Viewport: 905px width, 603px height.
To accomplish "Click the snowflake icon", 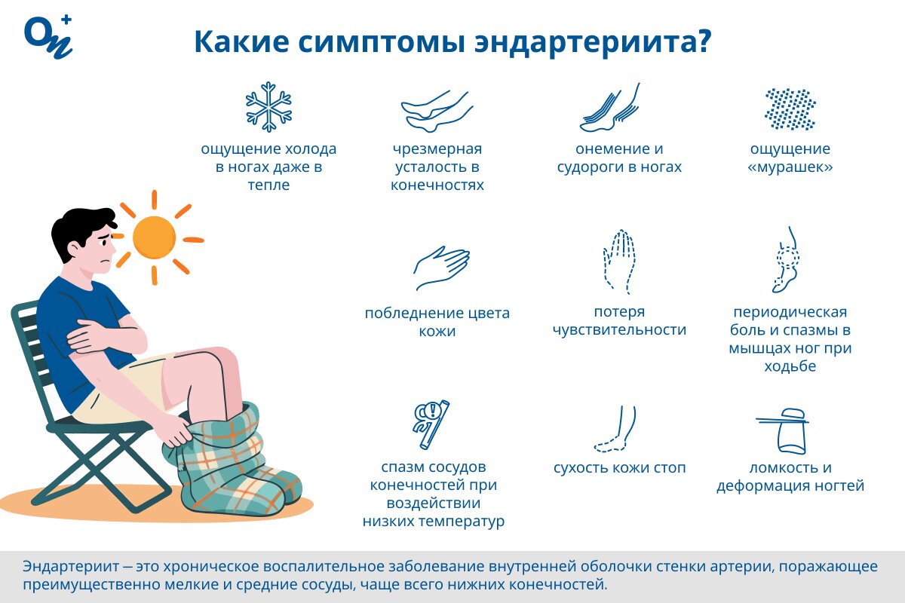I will (x=268, y=107).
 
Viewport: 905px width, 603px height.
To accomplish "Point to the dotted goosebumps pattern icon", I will (x=790, y=109).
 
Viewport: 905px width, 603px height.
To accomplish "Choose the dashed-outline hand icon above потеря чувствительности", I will (x=619, y=260).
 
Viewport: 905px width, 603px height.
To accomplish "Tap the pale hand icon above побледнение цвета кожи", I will (x=441, y=268).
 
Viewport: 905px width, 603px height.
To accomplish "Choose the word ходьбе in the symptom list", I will (x=790, y=367).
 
